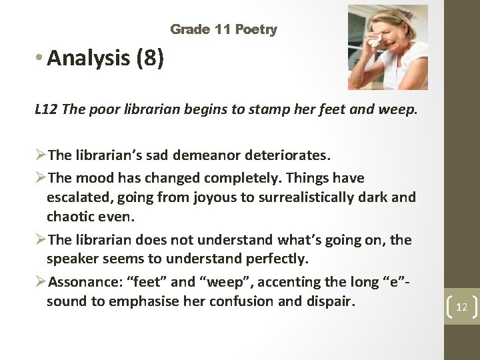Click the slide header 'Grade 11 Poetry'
click(x=223, y=29)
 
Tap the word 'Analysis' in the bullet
click(x=89, y=59)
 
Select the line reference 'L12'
click(x=46, y=109)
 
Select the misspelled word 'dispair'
click(x=331, y=301)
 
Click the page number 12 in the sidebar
click(x=461, y=307)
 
